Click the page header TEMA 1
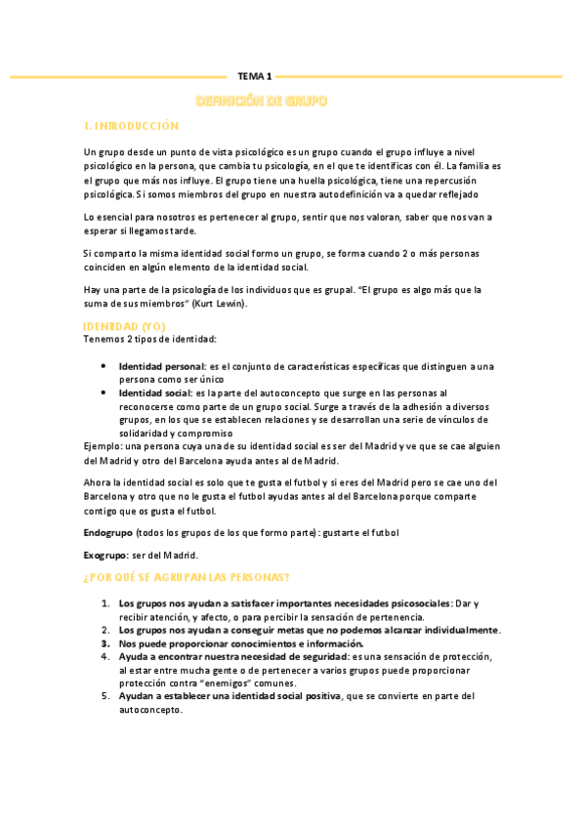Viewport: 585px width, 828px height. (x=255, y=75)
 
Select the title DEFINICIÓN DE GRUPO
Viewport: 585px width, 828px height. (x=262, y=102)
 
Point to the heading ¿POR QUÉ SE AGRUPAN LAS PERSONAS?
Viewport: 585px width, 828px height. (x=186, y=576)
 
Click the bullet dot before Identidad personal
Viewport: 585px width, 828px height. (x=104, y=365)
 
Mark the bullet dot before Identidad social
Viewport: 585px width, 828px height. (x=104, y=392)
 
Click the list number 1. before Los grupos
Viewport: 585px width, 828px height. (x=104, y=603)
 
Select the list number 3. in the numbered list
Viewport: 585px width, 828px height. (x=104, y=643)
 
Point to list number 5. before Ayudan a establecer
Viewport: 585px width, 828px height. (x=104, y=696)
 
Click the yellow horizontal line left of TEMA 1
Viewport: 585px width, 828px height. (x=117, y=75)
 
